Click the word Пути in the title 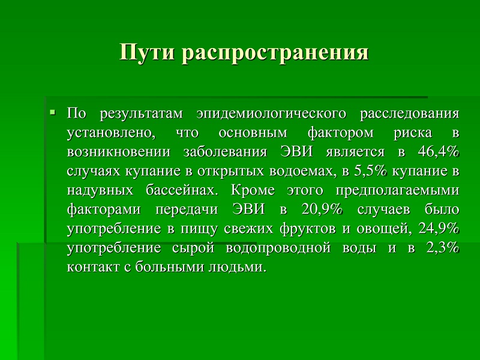pos(147,52)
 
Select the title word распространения pos(275,53)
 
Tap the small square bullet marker pos(52,112)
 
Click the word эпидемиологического pos(272,114)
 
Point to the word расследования pos(410,114)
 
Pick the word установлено pos(111,133)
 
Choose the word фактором pos(340,133)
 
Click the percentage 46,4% pos(439,152)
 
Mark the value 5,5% pos(371,171)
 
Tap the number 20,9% pos(322,209)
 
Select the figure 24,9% pos(439,229)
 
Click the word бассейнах pos(182,190)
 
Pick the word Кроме pos(253,190)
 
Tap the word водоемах pos(301,172)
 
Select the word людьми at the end pos(236,267)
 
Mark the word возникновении pos(118,152)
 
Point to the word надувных pos(100,191)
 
